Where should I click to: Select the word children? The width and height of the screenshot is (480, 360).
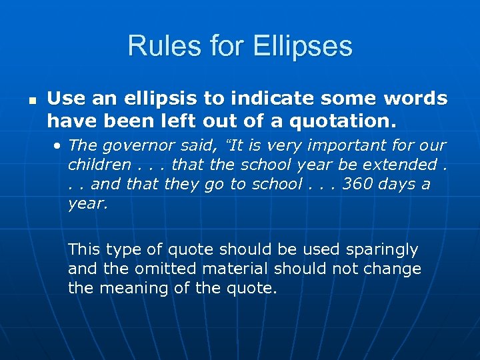(x=99, y=165)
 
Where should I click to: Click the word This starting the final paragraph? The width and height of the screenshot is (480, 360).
(x=83, y=249)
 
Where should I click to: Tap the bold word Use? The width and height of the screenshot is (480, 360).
(x=62, y=99)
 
